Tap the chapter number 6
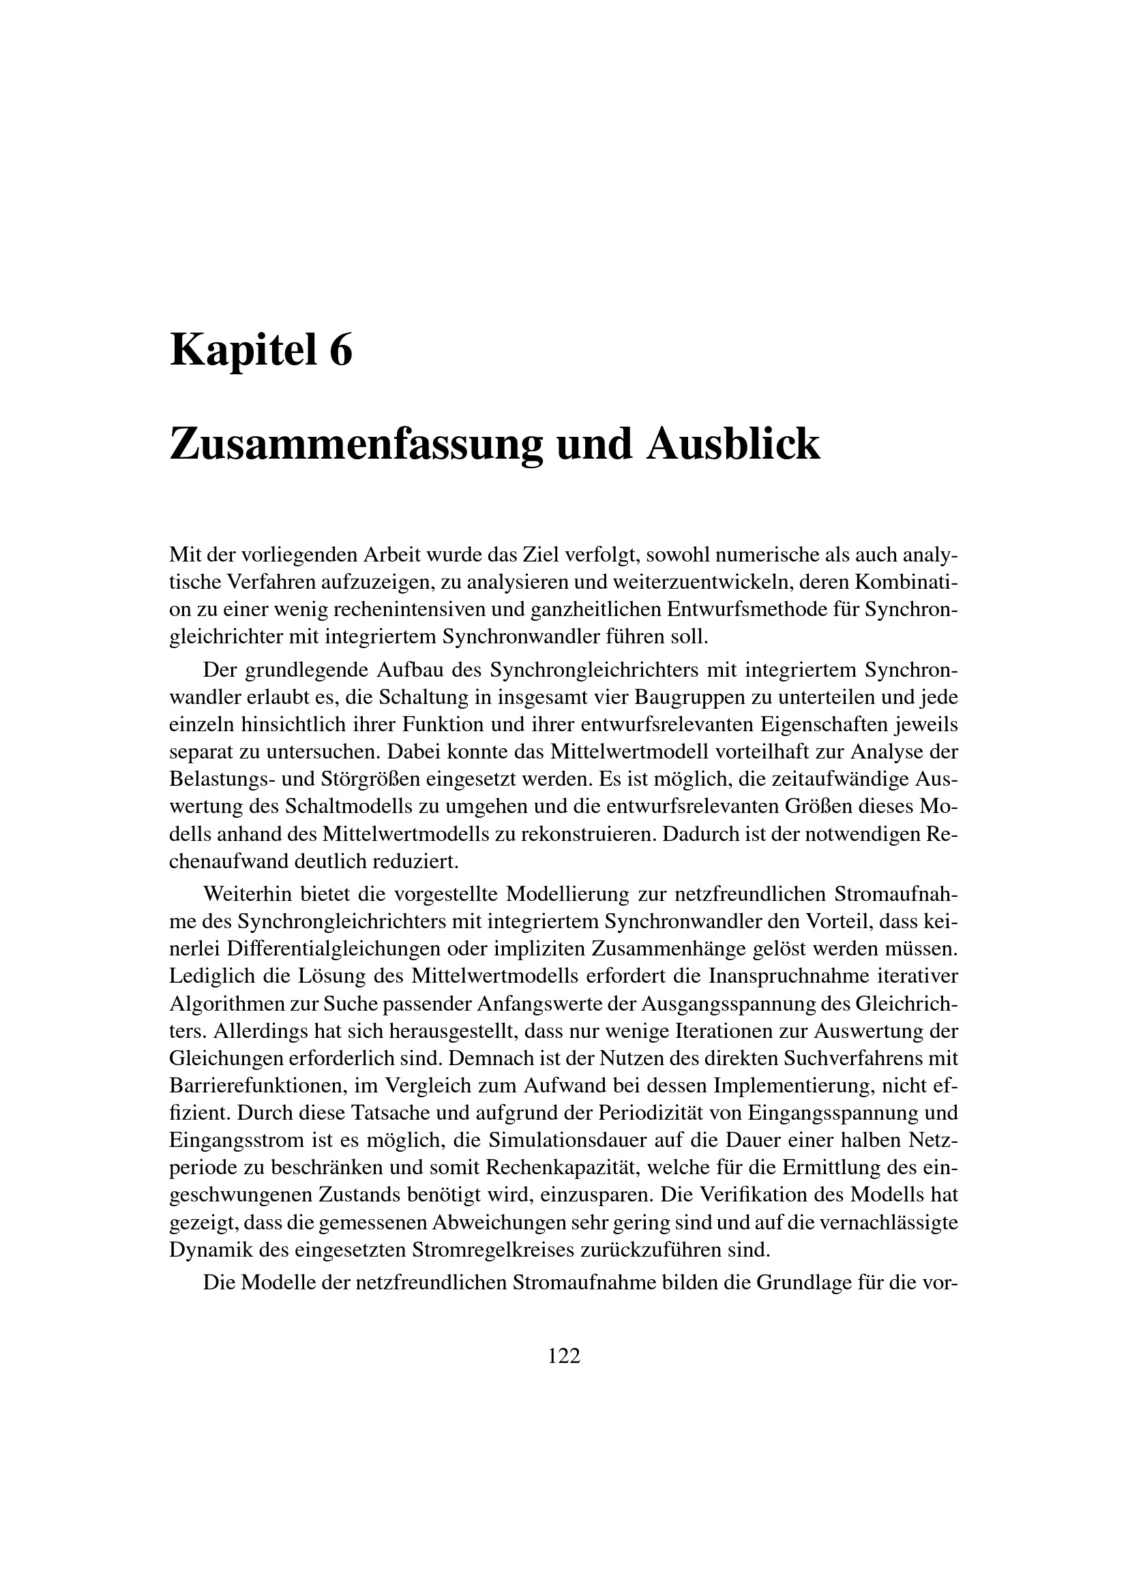pyautogui.click(x=340, y=350)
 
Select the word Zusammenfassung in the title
pyautogui.click(x=355, y=445)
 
